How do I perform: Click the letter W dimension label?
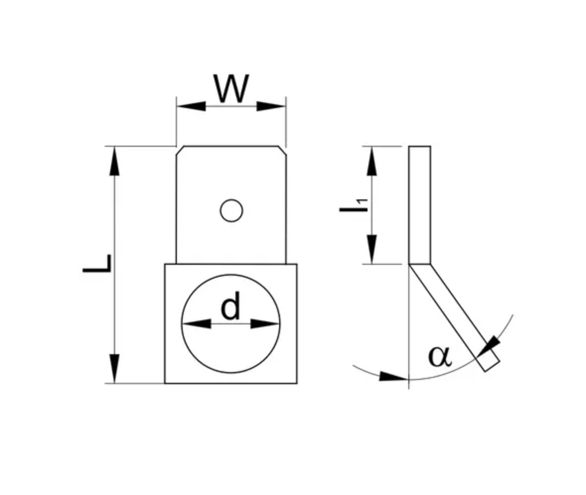pos(231,89)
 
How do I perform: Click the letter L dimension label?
pos(98,264)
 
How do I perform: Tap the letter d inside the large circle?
pos(230,307)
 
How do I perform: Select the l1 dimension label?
pos(354,205)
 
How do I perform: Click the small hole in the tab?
pos(231,211)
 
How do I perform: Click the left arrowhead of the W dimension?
pos(191,106)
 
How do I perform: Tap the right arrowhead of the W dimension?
pos(271,106)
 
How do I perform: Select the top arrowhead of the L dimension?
pos(115,161)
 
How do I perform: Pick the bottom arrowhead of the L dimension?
pos(115,369)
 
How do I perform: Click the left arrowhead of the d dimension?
pos(197,324)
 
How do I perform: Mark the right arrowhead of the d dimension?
pos(265,324)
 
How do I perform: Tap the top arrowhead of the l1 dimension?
pos(372,161)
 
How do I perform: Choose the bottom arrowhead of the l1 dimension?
pos(372,249)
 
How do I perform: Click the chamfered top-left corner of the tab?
pos(180,150)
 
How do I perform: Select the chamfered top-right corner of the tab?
pos(282,150)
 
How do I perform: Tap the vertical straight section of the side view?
pos(420,205)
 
